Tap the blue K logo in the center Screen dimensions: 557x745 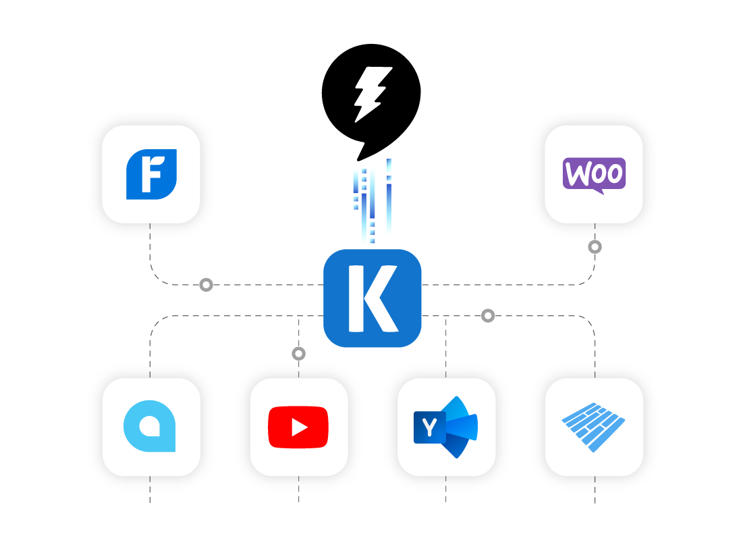coord(373,298)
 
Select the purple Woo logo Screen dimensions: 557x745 coord(594,174)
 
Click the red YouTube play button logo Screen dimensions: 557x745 coord(298,427)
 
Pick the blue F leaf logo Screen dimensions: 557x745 coord(151,174)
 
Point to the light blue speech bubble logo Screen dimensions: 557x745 coord(150,427)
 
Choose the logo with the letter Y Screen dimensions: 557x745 coord(445,427)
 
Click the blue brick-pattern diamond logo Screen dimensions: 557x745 coord(594,427)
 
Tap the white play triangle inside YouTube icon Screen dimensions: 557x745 coord(299,427)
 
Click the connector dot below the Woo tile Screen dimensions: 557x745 coord(595,247)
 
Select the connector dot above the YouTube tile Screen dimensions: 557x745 coord(298,353)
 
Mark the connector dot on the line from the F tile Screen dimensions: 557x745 coord(206,285)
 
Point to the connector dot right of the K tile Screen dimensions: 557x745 coord(488,315)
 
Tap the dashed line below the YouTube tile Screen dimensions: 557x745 coord(299,489)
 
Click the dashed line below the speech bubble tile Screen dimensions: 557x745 coord(150,489)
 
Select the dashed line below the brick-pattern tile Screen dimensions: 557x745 coord(595,489)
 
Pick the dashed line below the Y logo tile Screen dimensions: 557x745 coord(446,489)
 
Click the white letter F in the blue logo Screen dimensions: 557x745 coord(150,174)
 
